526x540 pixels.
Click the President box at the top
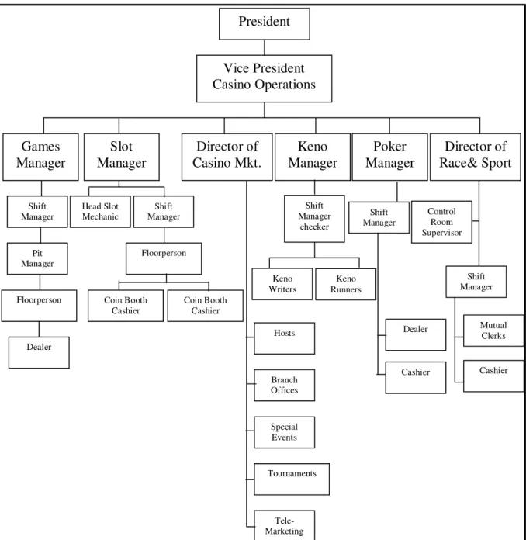click(265, 24)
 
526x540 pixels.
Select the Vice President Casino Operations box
click(265, 78)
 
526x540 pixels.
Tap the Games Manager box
click(40, 157)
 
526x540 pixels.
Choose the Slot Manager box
click(122, 157)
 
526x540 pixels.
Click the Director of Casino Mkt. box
click(227, 157)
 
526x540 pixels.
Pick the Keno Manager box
click(313, 157)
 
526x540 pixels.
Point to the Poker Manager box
click(390, 157)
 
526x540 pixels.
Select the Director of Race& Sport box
click(476, 157)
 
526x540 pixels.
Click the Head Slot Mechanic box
click(100, 212)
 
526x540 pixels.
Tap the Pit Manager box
click(37, 258)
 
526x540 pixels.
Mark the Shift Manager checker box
click(314, 219)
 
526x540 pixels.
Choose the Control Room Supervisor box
click(441, 222)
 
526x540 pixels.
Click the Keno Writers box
click(282, 284)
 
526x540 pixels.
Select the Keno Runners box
click(345, 284)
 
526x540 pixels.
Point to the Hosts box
click(284, 338)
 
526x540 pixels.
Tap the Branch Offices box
click(284, 386)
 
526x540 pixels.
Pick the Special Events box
click(284, 433)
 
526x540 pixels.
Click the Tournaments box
click(292, 479)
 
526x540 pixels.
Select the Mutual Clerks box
click(493, 331)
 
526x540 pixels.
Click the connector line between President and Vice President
click(265, 47)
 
